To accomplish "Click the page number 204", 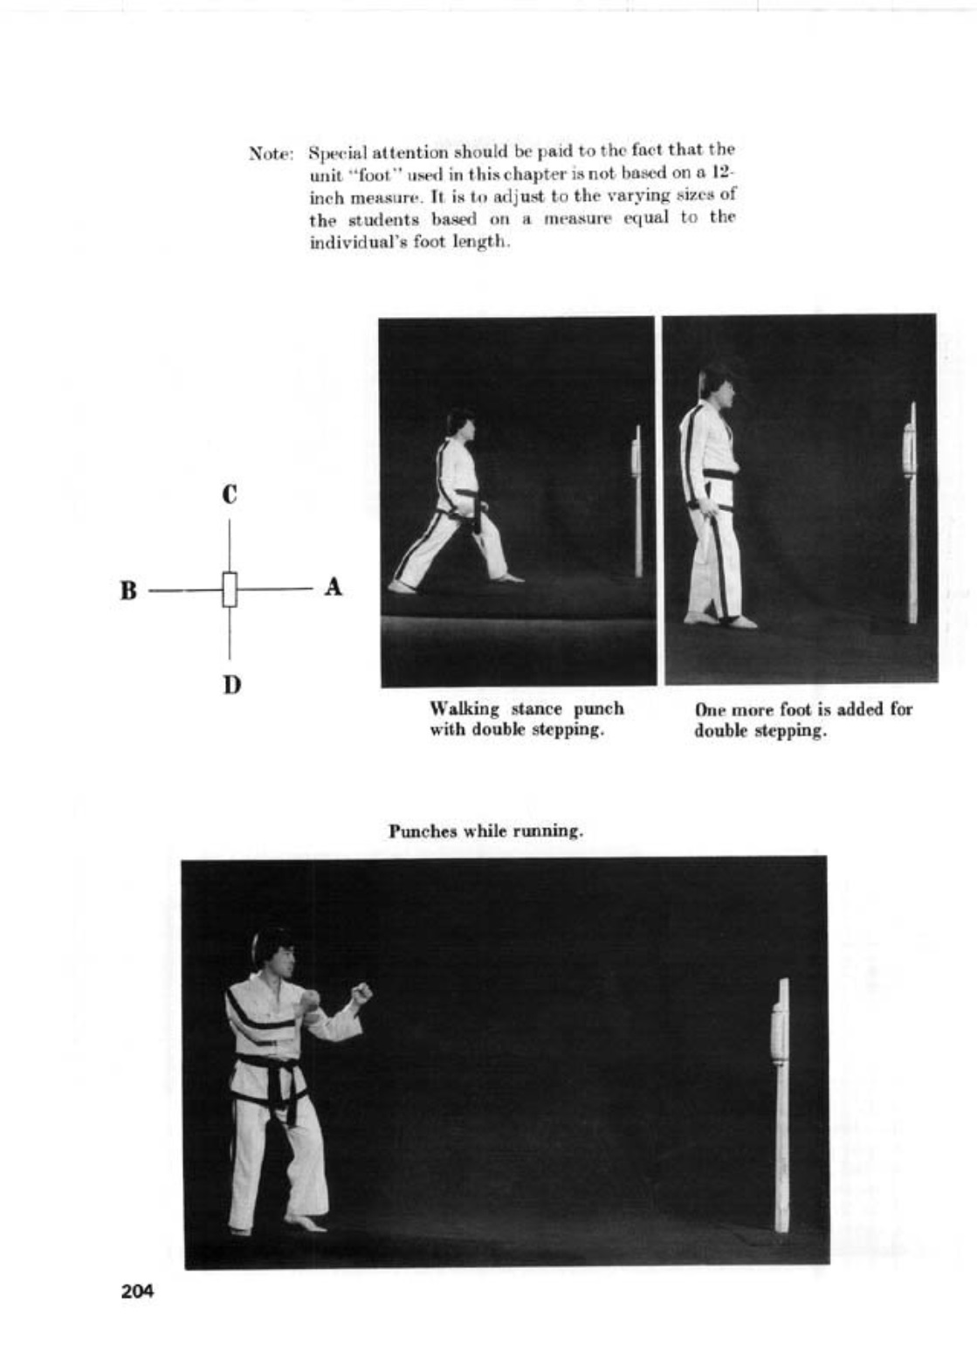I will point(137,1291).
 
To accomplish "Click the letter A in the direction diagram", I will point(333,588).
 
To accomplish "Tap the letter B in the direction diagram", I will point(128,590).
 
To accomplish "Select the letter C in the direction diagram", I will point(230,494).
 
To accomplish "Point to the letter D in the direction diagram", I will point(230,684).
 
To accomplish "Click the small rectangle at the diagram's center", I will point(230,590).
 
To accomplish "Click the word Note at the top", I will point(268,155).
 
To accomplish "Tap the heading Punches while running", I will point(485,831).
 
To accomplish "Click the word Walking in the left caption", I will point(464,708).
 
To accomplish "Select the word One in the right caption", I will point(710,709).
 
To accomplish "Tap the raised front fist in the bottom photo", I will point(361,993).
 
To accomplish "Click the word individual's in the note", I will point(346,242).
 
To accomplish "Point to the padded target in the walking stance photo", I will point(636,454).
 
